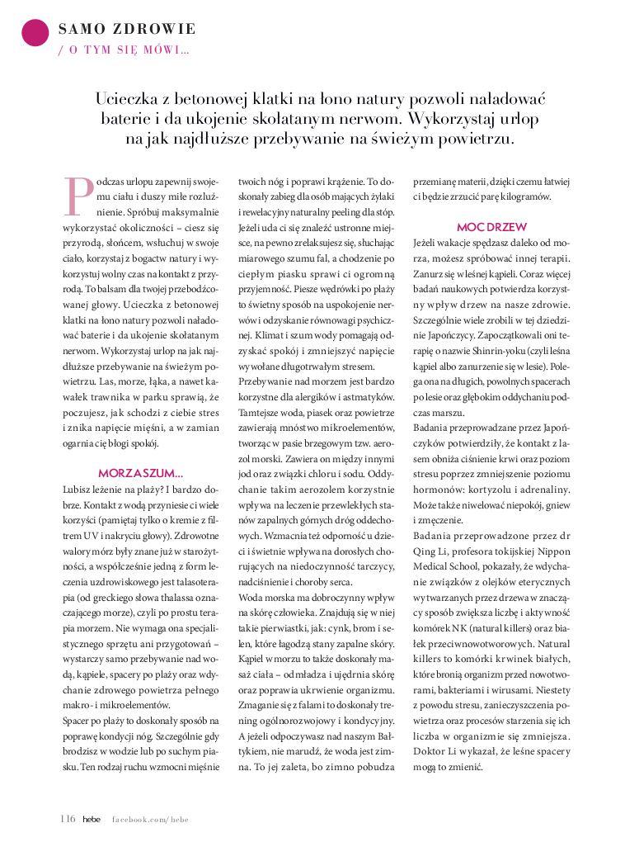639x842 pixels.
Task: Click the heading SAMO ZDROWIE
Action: [x=127, y=29]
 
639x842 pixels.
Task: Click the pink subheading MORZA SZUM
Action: [x=140, y=473]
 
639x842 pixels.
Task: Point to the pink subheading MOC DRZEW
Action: [x=491, y=226]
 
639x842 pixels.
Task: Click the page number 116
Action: [x=68, y=818]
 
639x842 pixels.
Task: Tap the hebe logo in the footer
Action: [x=91, y=818]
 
